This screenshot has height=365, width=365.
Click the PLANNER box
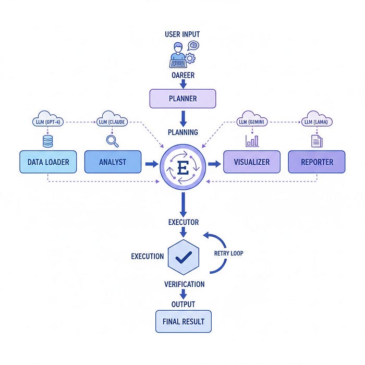coord(182,99)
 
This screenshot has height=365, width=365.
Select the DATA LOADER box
coord(48,162)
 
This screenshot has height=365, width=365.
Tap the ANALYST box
coord(113,162)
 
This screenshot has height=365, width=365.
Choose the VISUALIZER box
coord(252,162)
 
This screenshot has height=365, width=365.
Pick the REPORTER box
coord(317,162)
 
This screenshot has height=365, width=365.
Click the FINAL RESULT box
coord(184,321)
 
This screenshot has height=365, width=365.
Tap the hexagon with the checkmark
coord(184,257)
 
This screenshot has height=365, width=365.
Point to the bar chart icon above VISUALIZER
coord(252,140)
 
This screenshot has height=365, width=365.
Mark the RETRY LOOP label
coord(229,253)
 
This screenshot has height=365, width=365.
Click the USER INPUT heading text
coord(182,34)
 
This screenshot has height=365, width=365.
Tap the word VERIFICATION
coord(184,284)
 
